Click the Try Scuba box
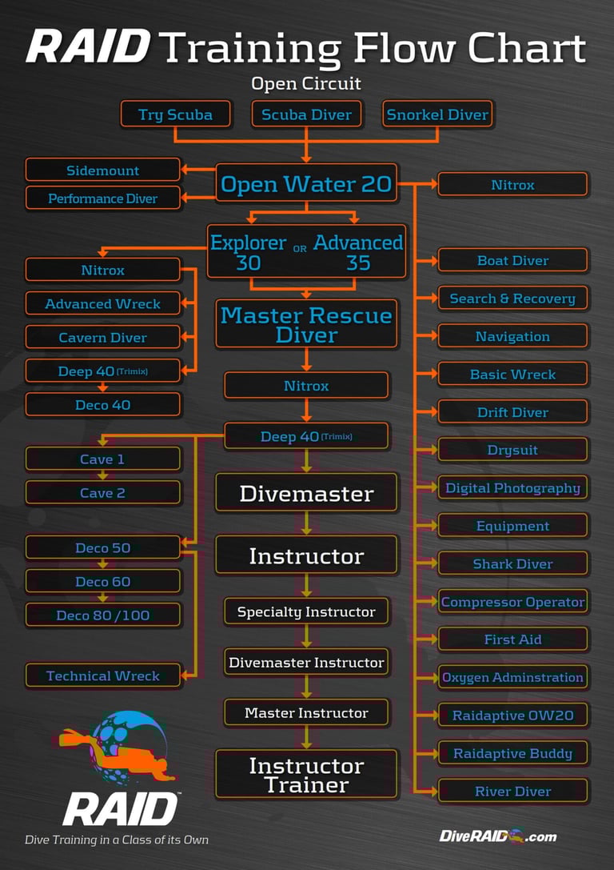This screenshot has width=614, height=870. [176, 114]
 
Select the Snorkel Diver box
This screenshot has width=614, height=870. [437, 114]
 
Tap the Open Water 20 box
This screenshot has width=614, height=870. [306, 185]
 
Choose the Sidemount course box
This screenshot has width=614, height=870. [102, 170]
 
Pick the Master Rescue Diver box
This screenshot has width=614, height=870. [306, 324]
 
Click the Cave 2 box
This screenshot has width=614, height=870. [102, 493]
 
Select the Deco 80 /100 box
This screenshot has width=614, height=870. [102, 615]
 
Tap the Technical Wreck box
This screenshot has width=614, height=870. [102, 676]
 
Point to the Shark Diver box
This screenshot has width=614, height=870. [512, 564]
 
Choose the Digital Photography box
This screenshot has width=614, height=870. [512, 488]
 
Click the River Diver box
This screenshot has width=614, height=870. [512, 792]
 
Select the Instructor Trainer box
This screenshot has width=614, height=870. [306, 774]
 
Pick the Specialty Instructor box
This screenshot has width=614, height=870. [306, 612]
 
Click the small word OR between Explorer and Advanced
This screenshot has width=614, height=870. [300, 249]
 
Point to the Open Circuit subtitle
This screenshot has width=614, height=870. [306, 83]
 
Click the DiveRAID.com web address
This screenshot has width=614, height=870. [497, 836]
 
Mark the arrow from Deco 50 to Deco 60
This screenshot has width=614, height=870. [102, 565]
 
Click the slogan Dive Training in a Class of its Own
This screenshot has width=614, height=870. [117, 840]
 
